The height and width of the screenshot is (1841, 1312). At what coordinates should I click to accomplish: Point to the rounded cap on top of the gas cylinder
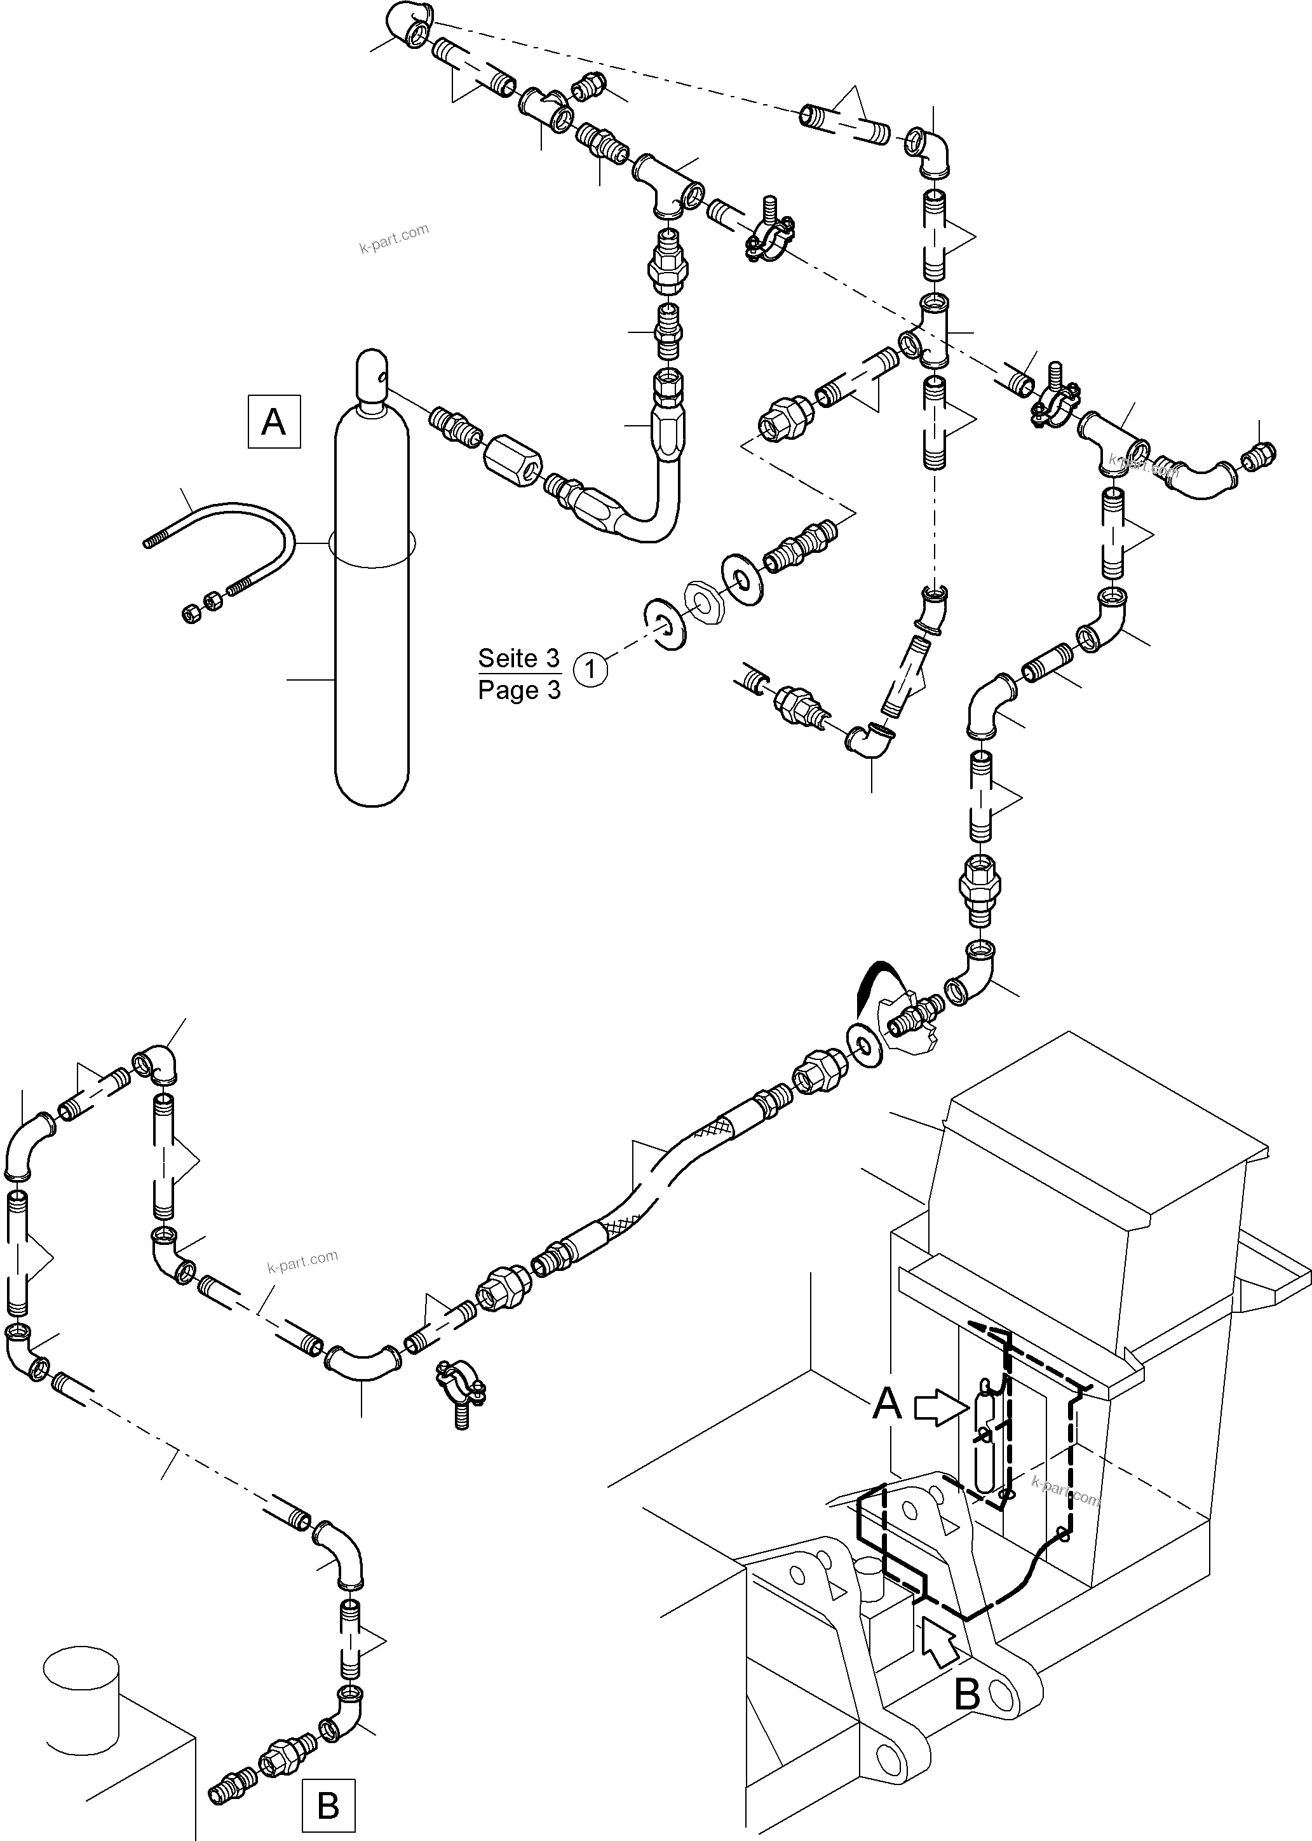pos(372,376)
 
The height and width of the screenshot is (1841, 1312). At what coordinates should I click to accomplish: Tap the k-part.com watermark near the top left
pos(395,238)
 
